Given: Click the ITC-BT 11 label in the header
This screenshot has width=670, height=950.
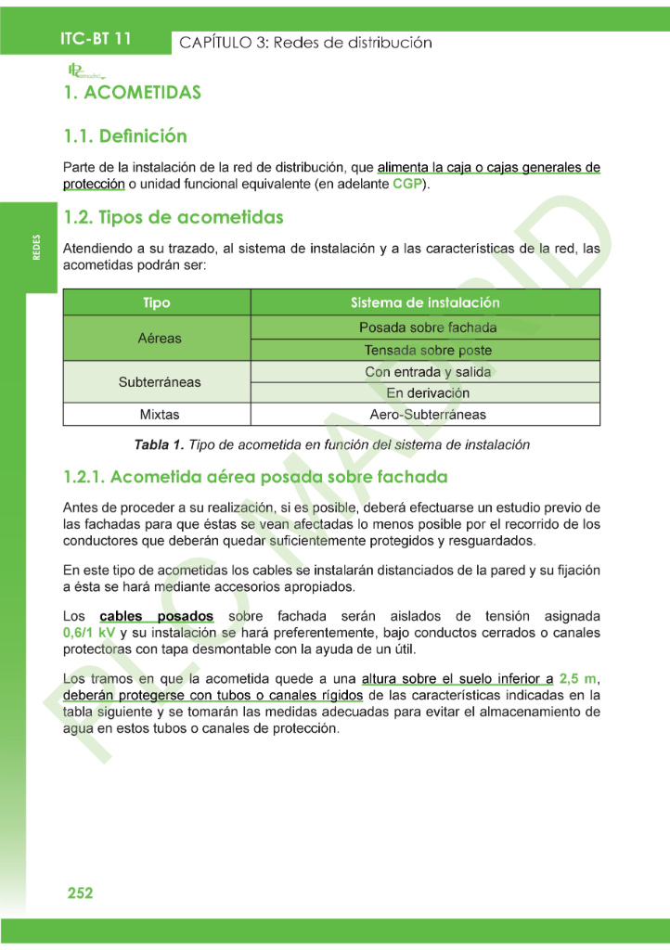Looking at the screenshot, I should click(96, 39).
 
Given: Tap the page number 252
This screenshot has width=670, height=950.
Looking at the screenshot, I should click(80, 893).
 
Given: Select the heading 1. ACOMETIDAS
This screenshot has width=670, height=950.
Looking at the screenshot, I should click(132, 93).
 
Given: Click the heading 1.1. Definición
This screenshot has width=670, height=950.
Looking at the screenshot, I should click(125, 136).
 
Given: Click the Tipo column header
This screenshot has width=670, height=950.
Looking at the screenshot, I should click(157, 303).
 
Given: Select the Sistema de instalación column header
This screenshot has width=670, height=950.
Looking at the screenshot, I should click(425, 303).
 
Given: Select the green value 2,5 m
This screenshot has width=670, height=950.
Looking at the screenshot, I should click(576, 678).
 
